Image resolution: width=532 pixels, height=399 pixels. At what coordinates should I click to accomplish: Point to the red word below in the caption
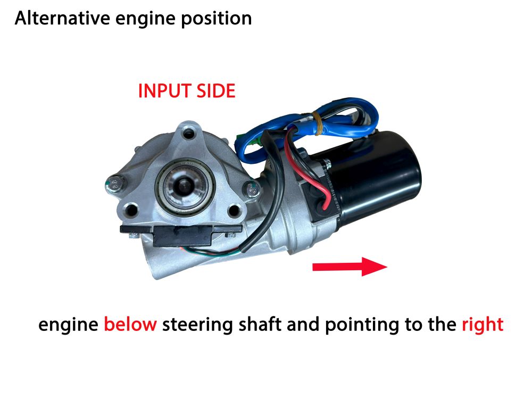click(130, 324)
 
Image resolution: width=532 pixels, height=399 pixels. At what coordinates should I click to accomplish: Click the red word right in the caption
click(482, 324)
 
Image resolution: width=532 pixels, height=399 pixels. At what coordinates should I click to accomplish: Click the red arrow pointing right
click(348, 266)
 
